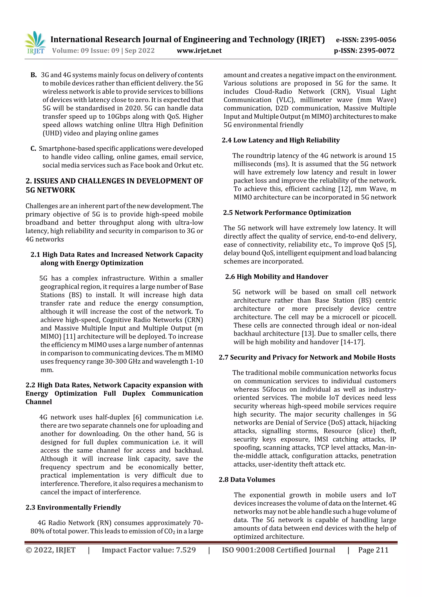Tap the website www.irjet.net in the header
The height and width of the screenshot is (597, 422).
(199, 51)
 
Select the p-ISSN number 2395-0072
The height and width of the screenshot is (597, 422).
(376, 51)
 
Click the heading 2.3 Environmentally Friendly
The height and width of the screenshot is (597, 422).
(73, 507)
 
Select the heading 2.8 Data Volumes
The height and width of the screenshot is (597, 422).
(247, 480)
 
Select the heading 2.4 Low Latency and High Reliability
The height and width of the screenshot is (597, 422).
(281, 140)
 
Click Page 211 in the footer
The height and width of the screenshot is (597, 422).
(373, 550)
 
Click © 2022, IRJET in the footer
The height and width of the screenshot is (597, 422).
(50, 550)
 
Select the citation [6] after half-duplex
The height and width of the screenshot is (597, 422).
(137, 417)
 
